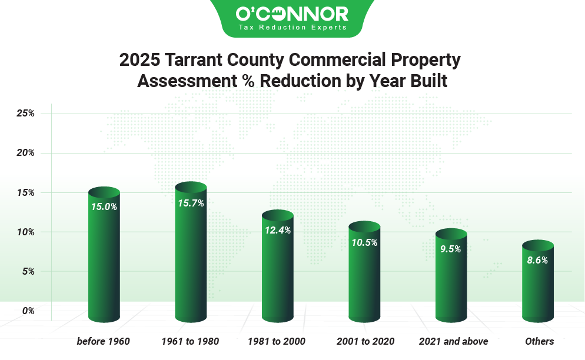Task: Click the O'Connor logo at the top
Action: click(292, 14)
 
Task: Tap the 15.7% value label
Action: click(191, 203)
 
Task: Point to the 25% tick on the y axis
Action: click(25, 114)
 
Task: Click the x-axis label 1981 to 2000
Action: click(277, 341)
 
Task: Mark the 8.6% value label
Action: click(537, 260)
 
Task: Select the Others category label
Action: click(539, 341)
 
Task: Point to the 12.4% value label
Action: click(277, 230)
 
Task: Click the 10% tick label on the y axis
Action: click(25, 232)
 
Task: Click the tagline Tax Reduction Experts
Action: click(292, 27)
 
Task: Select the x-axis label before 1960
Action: click(104, 341)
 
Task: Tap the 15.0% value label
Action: click(104, 206)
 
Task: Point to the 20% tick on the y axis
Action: click(25, 153)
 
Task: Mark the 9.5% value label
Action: click(451, 248)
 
